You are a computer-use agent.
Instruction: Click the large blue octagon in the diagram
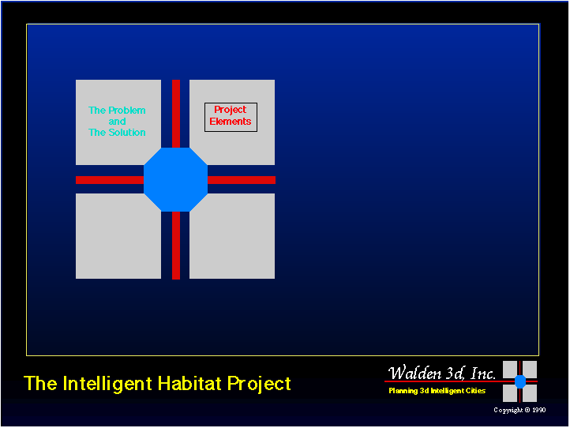pos(175,179)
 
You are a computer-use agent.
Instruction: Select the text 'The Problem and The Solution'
pos(117,121)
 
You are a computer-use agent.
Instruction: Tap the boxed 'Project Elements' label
pos(231,117)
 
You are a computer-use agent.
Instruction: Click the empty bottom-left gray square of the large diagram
pos(118,236)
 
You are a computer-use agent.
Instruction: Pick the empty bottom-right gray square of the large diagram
pos(232,236)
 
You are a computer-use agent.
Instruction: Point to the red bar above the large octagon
pos(176,114)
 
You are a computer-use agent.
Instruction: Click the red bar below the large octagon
pos(176,246)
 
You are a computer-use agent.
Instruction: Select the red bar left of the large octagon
pos(110,180)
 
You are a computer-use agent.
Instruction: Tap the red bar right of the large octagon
pos(242,180)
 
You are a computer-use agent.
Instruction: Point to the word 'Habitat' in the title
pos(189,383)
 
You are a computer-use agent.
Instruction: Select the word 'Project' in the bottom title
pos(259,384)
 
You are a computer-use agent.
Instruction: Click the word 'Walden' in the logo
pos(414,374)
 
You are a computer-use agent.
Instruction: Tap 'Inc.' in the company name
pos(483,374)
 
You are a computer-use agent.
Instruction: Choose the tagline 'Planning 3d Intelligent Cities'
pos(437,391)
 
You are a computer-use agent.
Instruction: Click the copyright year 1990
pos(539,410)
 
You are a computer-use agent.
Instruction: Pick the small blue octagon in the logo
pos(520,381)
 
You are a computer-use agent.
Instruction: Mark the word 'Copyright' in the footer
pos(508,410)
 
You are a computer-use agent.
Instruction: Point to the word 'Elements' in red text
pos(231,122)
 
